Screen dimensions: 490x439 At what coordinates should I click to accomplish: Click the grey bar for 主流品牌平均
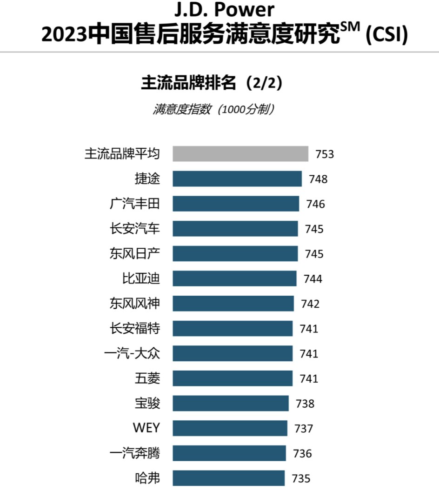[240, 154]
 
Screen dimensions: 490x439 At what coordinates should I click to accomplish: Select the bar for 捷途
[237, 179]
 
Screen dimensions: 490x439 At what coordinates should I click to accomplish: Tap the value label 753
[325, 154]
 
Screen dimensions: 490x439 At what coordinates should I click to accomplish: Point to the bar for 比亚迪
[234, 279]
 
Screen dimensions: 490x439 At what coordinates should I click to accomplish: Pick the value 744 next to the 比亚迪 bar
[313, 279]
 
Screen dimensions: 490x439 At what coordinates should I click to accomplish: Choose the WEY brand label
[146, 428]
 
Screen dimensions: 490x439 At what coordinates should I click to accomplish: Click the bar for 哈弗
[228, 478]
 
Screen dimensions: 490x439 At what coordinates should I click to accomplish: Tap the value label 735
[301, 478]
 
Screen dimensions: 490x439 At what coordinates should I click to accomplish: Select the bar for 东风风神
[233, 304]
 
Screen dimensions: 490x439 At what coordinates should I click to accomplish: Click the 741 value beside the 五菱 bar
[309, 379]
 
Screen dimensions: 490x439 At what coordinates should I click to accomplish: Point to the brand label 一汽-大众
[132, 354]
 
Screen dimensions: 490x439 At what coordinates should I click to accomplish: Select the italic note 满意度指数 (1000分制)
[213, 110]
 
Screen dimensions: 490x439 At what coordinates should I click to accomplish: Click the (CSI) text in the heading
[386, 35]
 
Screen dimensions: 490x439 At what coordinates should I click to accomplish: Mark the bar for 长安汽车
[235, 229]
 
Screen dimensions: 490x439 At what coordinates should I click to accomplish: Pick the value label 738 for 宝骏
[305, 404]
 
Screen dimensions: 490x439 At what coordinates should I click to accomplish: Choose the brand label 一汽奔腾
[134, 453]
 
